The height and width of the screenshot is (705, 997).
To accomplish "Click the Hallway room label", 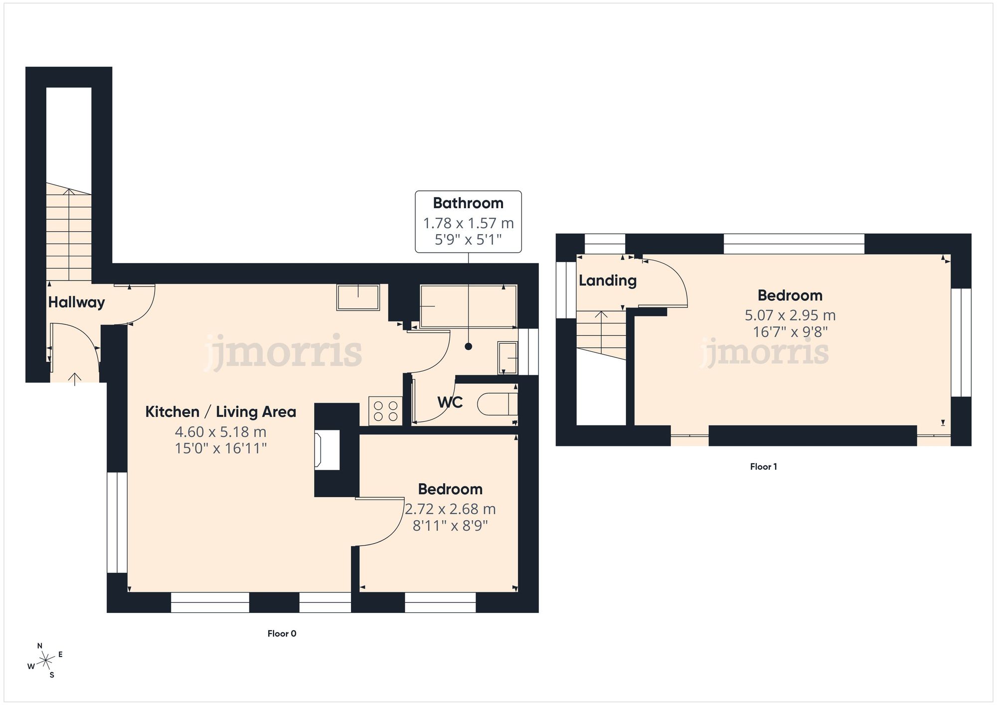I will (x=76, y=302).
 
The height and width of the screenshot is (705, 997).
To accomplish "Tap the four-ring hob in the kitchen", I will (x=385, y=411).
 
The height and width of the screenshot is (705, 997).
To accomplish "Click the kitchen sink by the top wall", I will (x=358, y=297).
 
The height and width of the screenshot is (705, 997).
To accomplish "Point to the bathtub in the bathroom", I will (x=468, y=306).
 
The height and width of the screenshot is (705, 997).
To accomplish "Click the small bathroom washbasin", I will (x=507, y=358).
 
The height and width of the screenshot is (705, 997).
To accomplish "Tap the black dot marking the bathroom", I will (x=468, y=346).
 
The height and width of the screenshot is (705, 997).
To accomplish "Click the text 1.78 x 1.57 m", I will (x=468, y=223).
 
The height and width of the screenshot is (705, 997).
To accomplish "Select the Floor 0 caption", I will (x=282, y=634).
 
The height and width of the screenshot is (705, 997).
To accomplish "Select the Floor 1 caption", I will (x=763, y=467).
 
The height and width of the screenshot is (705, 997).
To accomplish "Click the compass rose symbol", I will (x=46, y=661).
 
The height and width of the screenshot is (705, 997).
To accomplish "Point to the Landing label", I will (x=607, y=281).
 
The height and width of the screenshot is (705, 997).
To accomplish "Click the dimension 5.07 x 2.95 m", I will (x=790, y=315).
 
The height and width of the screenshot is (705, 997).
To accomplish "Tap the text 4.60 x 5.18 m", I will (x=220, y=431).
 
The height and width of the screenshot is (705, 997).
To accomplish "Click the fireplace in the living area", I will (x=327, y=450).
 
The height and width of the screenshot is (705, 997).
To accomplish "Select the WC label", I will (x=450, y=402).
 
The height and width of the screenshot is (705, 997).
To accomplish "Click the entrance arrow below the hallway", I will (x=75, y=379).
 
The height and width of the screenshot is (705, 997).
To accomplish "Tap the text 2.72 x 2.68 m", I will (x=450, y=509).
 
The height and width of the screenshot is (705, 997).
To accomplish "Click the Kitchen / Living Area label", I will (x=220, y=412).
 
